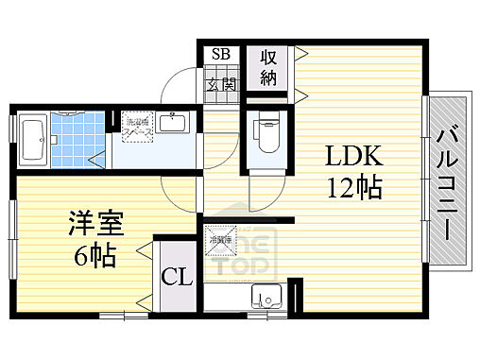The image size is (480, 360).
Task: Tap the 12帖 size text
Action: tap(355, 188)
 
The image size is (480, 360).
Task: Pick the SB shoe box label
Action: tap(220, 54)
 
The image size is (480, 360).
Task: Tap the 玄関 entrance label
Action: tap(220, 84)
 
